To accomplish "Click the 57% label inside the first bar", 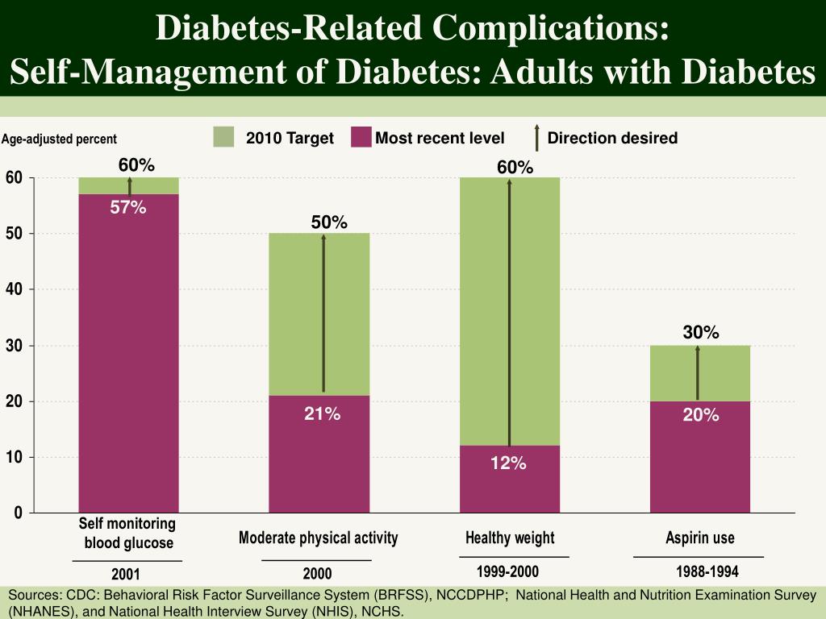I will tap(128, 208).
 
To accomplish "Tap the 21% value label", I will tap(322, 414).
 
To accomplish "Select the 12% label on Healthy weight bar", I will tap(510, 463).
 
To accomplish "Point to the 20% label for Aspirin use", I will tap(700, 415).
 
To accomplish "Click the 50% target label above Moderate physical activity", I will tap(329, 222).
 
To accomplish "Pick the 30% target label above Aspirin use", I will tap(701, 333).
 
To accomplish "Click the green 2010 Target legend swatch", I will tap(223, 137).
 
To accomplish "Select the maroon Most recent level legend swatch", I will tap(361, 137).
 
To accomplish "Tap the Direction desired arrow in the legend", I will tap(536, 138).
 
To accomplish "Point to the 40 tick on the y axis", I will tap(15, 289).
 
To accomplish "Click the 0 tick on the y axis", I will tap(19, 513).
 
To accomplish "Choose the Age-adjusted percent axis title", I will tap(59, 139).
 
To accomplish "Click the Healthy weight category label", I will tap(510, 538).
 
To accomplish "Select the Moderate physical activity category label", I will tap(318, 538).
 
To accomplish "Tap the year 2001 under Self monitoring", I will tap(126, 575).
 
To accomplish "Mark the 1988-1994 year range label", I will tap(707, 572).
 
